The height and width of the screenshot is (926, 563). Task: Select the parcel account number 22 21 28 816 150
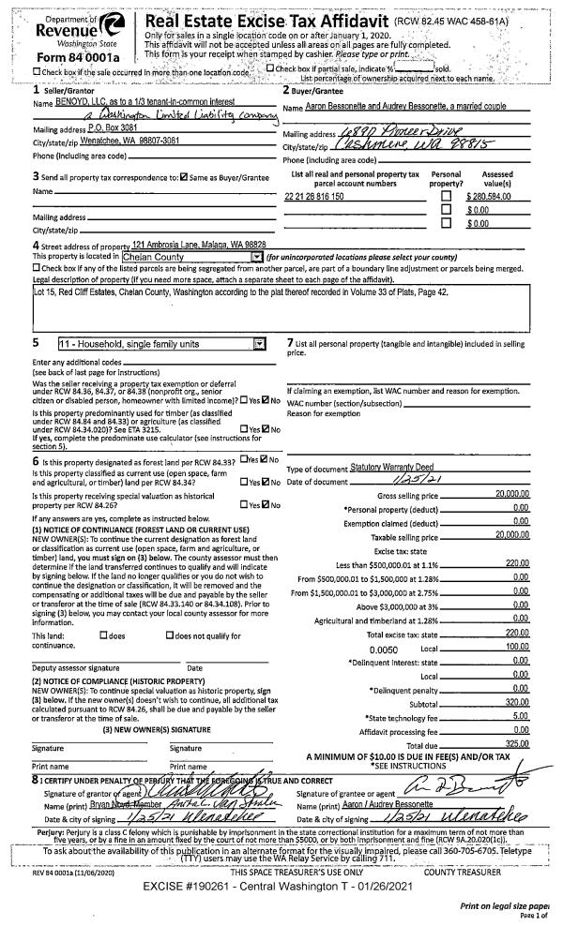[x=314, y=196]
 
